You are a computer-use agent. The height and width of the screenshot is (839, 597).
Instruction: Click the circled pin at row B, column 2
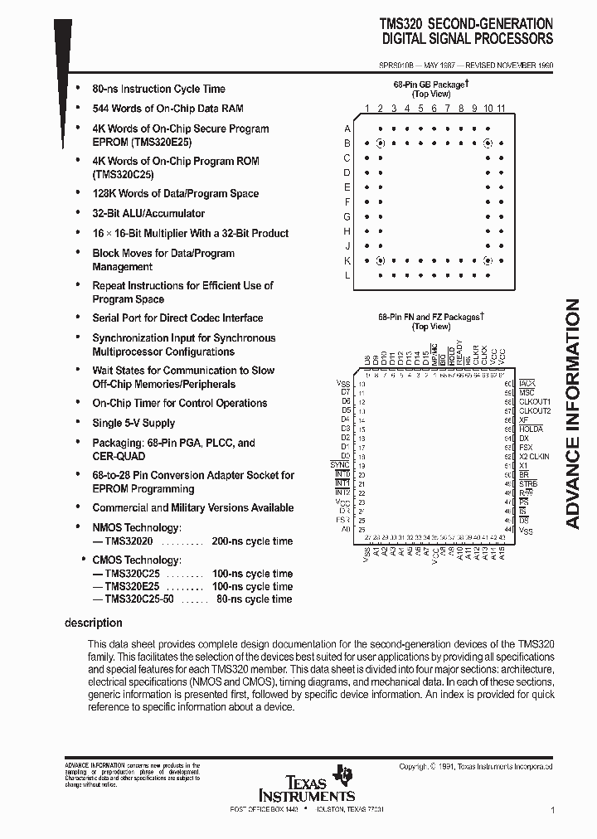[x=381, y=143]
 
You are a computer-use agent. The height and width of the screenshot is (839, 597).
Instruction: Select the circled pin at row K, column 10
[x=488, y=260]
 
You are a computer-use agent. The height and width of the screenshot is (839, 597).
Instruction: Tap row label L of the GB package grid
[x=347, y=275]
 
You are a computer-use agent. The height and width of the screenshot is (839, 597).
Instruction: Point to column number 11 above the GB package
[x=502, y=109]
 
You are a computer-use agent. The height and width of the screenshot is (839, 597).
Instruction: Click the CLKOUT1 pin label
[x=535, y=401]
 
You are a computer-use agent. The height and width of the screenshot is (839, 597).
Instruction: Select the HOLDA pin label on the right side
[x=531, y=429]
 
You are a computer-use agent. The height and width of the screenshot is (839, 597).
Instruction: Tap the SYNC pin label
[x=340, y=465]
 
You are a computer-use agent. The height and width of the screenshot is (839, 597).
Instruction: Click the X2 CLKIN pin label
[x=535, y=456]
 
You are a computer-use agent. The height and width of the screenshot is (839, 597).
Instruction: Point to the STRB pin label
[x=528, y=483]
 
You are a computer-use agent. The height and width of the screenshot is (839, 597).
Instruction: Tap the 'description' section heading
[x=94, y=623]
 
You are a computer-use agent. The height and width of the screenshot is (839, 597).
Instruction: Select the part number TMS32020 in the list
[x=129, y=541]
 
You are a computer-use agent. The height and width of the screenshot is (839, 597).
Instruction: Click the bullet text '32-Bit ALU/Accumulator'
[x=148, y=213]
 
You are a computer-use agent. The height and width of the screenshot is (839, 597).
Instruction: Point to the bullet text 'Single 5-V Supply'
[x=133, y=423]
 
